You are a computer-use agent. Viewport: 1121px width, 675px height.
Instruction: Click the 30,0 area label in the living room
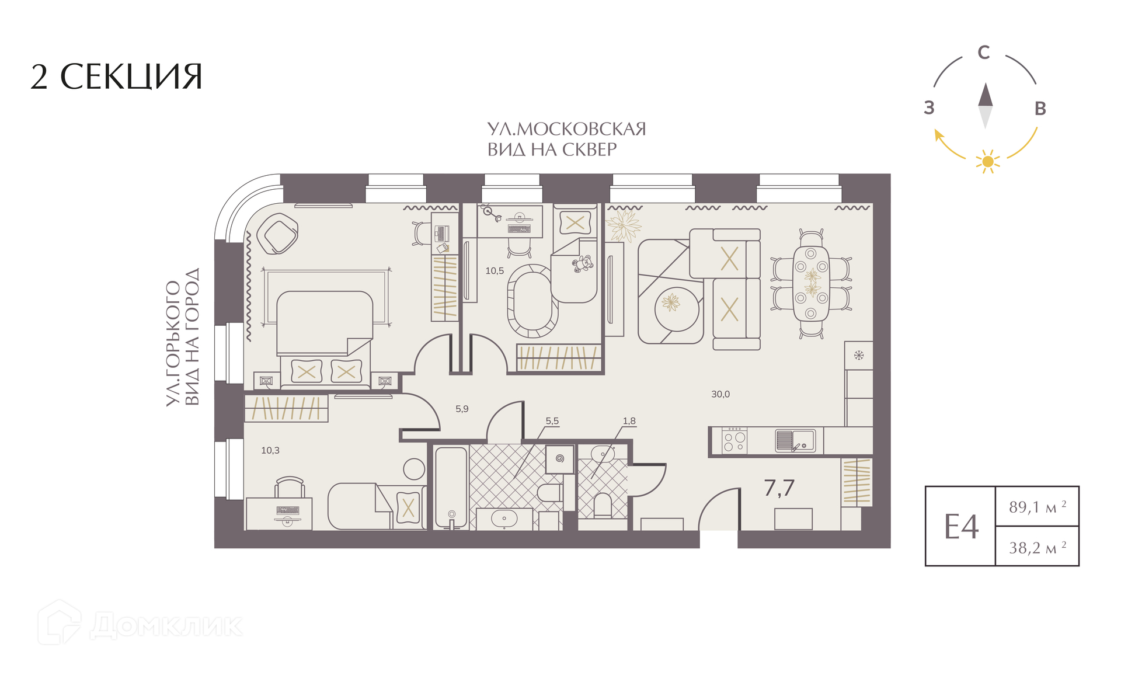click(720, 394)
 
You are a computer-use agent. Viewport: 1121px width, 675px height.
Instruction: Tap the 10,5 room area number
click(495, 271)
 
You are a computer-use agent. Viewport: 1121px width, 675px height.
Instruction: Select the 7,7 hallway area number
click(779, 488)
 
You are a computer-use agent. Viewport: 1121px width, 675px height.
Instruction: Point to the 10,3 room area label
click(270, 450)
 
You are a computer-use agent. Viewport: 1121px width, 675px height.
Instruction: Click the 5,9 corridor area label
click(462, 409)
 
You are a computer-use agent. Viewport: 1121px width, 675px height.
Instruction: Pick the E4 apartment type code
click(961, 527)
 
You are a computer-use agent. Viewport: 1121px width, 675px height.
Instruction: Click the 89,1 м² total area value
click(1038, 507)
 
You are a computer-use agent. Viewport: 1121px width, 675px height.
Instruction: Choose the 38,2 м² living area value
click(1038, 548)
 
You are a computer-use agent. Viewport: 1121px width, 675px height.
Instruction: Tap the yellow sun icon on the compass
click(988, 161)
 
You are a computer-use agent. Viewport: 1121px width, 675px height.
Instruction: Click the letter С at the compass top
click(984, 53)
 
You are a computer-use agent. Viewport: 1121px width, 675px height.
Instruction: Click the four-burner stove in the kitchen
click(734, 441)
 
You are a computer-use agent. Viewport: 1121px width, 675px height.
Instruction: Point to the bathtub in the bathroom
click(451, 488)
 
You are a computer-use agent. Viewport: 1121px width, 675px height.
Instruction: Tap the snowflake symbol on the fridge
click(859, 355)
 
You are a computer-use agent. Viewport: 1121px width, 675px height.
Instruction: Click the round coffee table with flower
click(677, 309)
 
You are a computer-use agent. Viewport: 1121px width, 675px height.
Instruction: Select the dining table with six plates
click(811, 283)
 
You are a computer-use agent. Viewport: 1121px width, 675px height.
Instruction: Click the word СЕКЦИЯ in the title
click(131, 76)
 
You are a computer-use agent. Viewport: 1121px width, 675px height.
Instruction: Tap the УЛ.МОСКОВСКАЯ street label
click(567, 129)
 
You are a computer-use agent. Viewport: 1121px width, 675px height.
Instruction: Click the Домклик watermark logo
click(140, 623)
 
